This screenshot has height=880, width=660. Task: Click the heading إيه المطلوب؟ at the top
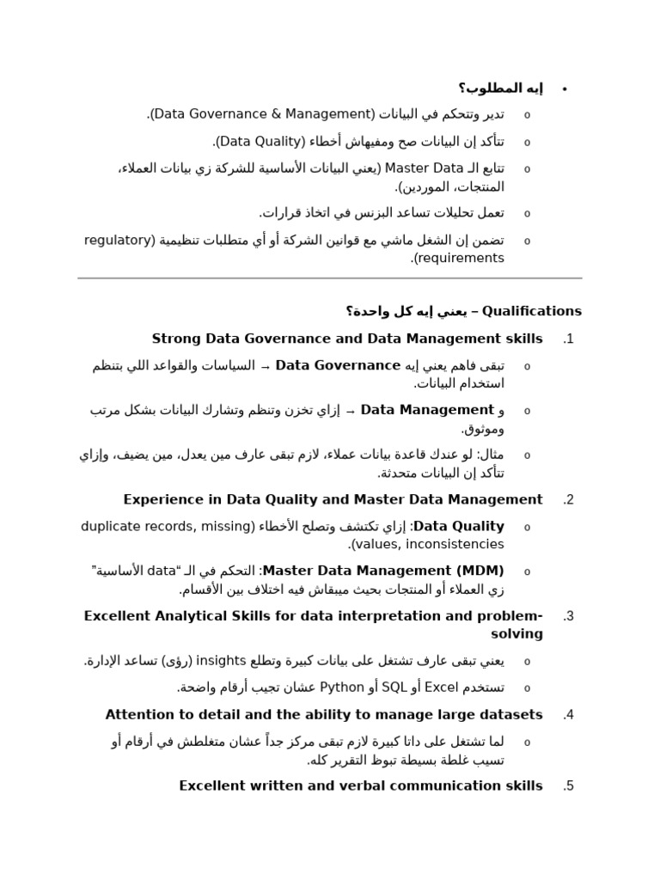click(x=501, y=89)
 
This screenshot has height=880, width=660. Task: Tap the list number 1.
click(x=567, y=339)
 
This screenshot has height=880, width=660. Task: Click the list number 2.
click(x=567, y=499)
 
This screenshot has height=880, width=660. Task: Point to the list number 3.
click(x=567, y=616)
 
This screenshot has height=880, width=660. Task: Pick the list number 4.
click(x=567, y=715)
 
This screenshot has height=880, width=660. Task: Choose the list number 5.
click(x=567, y=786)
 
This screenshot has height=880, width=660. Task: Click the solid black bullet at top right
click(x=565, y=89)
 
